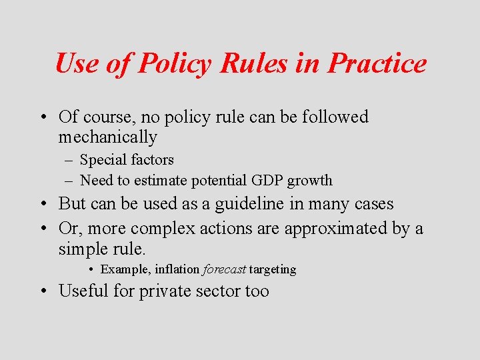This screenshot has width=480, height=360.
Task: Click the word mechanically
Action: pyautogui.click(x=108, y=138)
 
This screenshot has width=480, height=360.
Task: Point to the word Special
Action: pyautogui.click(x=101, y=160)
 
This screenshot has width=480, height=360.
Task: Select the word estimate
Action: pyautogui.click(x=163, y=181)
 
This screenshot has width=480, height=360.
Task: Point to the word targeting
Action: pyautogui.click(x=273, y=270)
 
